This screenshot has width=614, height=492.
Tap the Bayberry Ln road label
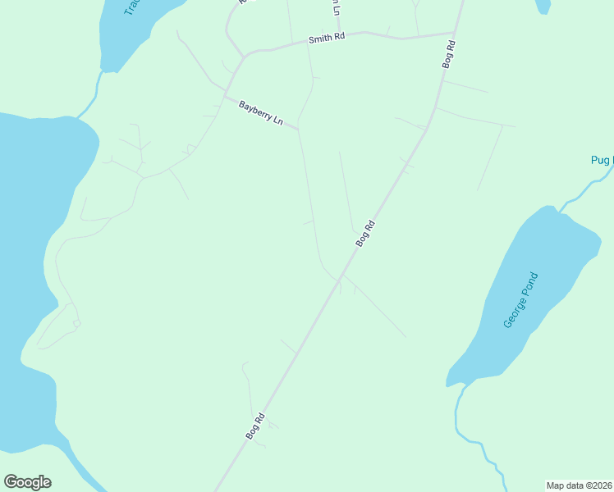pyautogui.click(x=261, y=113)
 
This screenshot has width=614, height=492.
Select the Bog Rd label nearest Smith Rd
pyautogui.click(x=448, y=55)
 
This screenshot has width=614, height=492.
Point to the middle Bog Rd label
pyautogui.click(x=365, y=234)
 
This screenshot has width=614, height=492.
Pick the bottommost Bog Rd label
pyautogui.click(x=254, y=426)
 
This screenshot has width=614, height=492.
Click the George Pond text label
pyautogui.click(x=520, y=300)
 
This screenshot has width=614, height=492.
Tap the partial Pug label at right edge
pyautogui.click(x=602, y=160)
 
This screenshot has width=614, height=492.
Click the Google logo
pyautogui.click(x=27, y=482)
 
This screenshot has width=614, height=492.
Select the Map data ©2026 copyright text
pyautogui.click(x=579, y=485)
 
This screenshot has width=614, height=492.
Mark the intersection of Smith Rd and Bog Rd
pyautogui.click(x=454, y=34)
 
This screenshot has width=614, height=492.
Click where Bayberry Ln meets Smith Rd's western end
pyautogui.click(x=243, y=57)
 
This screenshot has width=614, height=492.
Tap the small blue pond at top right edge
pyautogui.click(x=543, y=6)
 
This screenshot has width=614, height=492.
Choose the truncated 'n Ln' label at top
pyautogui.click(x=335, y=8)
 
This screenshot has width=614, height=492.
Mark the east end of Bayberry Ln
pyautogui.click(x=298, y=129)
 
